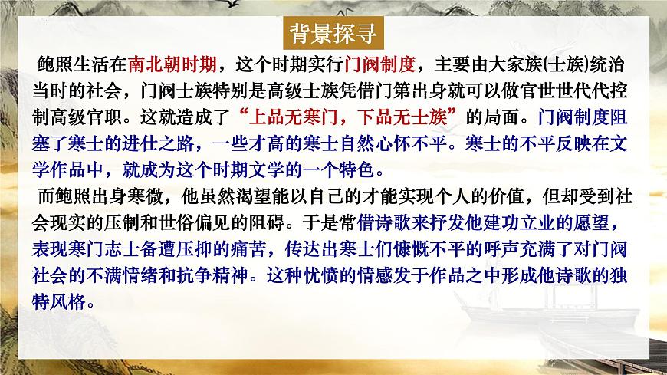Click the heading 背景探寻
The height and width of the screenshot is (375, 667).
[333, 35]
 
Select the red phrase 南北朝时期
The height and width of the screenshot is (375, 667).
[176, 62]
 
